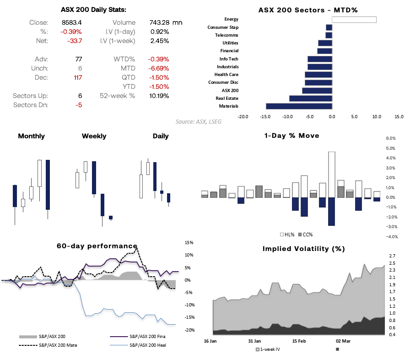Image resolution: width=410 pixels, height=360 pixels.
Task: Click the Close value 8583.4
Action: click(72, 22)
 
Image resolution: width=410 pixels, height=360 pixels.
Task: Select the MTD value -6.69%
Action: click(158, 68)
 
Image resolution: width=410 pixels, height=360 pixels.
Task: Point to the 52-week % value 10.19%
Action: click(159, 96)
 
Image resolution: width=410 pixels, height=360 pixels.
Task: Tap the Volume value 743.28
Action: click(159, 22)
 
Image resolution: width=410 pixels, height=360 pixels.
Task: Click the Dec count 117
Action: click(77, 77)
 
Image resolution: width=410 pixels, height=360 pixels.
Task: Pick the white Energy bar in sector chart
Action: click(354, 19)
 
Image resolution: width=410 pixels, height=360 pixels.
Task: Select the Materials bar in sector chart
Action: click(299, 106)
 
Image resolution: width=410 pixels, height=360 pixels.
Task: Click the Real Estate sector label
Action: click(227, 98)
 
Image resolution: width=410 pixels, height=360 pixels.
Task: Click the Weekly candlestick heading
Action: click(94, 136)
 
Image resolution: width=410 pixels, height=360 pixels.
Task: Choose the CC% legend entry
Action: click(305, 235)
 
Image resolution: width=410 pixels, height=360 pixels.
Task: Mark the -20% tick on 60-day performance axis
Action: click(189, 330)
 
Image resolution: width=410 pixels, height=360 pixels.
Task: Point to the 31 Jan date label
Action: click(254, 341)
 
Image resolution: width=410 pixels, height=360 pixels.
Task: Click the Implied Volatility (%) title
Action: click(303, 249)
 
